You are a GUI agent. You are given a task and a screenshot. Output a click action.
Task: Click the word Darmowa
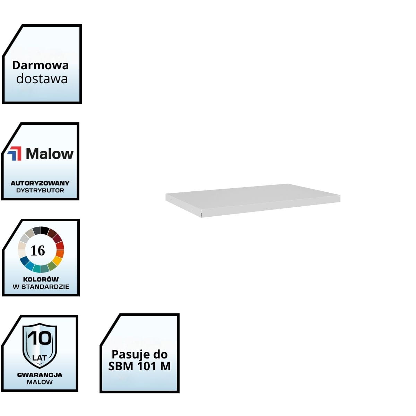point(40,65)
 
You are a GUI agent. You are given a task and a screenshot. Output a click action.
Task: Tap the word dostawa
point(42,79)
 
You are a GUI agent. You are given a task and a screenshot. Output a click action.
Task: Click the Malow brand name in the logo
point(50,154)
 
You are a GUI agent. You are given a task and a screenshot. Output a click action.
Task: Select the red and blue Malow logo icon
point(15,154)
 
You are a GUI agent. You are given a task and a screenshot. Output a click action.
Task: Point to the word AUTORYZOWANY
point(40,183)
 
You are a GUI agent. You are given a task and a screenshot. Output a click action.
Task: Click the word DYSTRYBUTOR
point(40,190)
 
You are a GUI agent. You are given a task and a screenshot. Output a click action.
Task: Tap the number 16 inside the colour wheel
point(38,250)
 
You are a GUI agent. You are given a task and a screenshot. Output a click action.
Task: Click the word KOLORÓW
point(41,279)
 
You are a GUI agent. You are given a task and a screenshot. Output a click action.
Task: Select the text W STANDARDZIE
point(41,287)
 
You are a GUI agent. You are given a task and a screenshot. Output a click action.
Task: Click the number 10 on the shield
point(40,339)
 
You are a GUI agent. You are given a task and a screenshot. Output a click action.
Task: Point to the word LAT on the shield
point(40,357)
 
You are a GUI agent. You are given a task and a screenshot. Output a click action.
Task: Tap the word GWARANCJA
point(40,375)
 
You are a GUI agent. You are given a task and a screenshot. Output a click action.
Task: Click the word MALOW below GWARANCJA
point(40,382)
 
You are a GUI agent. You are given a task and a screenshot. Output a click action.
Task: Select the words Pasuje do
point(139,354)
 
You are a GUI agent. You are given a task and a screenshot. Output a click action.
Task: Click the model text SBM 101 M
point(139,366)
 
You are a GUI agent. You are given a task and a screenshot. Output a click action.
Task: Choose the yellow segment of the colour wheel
point(57,260)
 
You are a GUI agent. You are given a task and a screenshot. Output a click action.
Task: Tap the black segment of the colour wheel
point(45,230)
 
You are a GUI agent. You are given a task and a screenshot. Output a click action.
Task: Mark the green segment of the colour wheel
point(52,266)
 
